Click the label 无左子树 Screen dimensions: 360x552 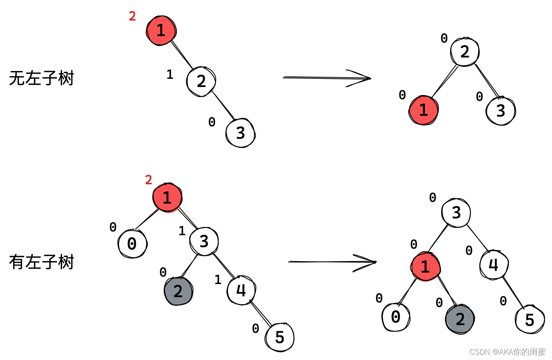coord(41,78)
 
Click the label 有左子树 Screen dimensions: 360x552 coord(41,262)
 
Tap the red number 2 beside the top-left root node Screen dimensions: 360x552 coord(132,16)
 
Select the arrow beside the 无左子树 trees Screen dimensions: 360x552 coord(327,78)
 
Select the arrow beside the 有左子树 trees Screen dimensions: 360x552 coord(332,262)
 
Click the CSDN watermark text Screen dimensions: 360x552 coord(507,352)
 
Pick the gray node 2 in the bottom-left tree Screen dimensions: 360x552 coord(178,291)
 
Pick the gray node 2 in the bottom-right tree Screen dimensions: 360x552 coord(460,319)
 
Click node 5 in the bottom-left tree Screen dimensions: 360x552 coord(280,337)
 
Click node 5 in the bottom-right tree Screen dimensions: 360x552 coord(530,319)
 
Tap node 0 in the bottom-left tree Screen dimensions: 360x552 coord(132,244)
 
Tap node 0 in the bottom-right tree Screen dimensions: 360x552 coord(396,317)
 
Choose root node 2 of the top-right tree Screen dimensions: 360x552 coord(465,52)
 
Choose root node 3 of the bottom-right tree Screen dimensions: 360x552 coord(456,213)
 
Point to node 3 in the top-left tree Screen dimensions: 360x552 coord(240,133)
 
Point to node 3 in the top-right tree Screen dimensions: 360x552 coord(501,111)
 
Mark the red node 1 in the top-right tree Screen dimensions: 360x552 coord(424,110)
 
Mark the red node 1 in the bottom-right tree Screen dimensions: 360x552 coord(425,267)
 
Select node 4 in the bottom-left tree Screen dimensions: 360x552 coord(241,290)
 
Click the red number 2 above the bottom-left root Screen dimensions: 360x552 coord(149,180)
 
